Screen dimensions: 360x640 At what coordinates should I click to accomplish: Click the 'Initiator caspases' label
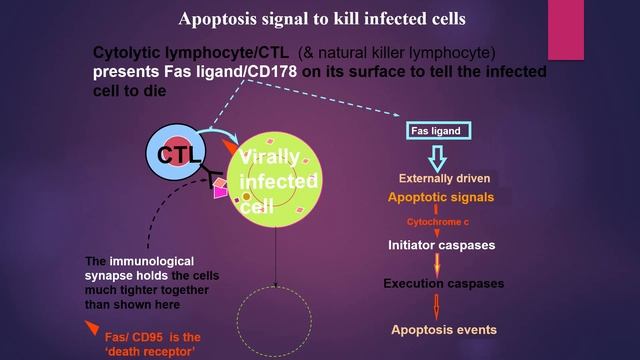tap(441, 244)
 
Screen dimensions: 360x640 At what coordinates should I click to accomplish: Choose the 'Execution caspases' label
tap(443, 284)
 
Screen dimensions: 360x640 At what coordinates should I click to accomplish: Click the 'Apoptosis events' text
tap(443, 329)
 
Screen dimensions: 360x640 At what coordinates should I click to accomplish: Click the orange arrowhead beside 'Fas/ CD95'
tap(92, 328)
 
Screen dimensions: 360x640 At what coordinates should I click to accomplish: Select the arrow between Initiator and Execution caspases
tap(436, 263)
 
